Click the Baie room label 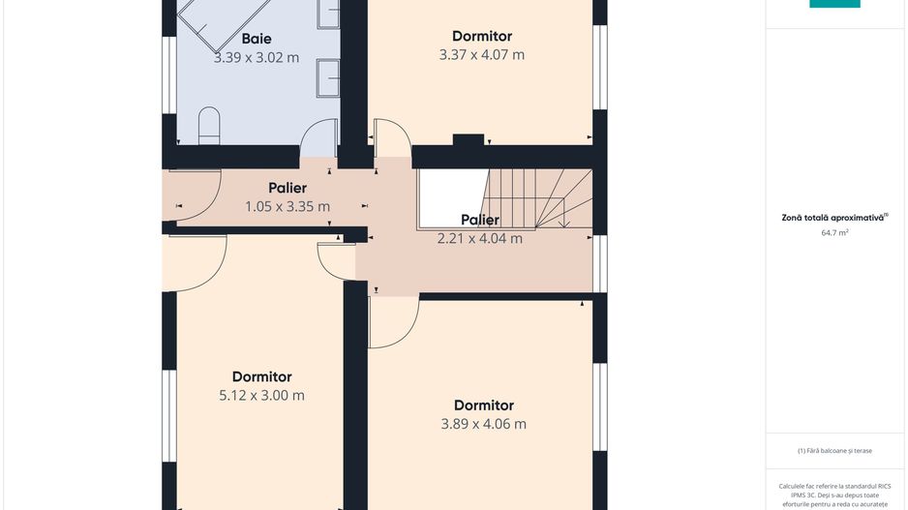[x=257, y=39]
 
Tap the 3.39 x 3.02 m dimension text [x=257, y=58]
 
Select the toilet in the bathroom [x=210, y=126]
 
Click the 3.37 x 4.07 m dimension [x=482, y=55]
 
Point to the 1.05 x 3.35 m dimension [x=288, y=207]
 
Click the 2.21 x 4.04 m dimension [x=480, y=238]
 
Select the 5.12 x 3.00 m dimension [x=261, y=396]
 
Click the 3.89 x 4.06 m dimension [x=484, y=424]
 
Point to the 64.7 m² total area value [x=834, y=232]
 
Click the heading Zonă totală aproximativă [x=832, y=218]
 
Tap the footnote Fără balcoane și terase [x=834, y=450]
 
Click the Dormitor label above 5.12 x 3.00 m [x=261, y=376]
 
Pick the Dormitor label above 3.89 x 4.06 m [x=484, y=405]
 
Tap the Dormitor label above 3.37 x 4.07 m [x=482, y=36]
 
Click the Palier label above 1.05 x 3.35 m [x=288, y=188]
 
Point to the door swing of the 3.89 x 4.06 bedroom [x=406, y=334]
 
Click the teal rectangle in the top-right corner [x=834, y=4]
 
